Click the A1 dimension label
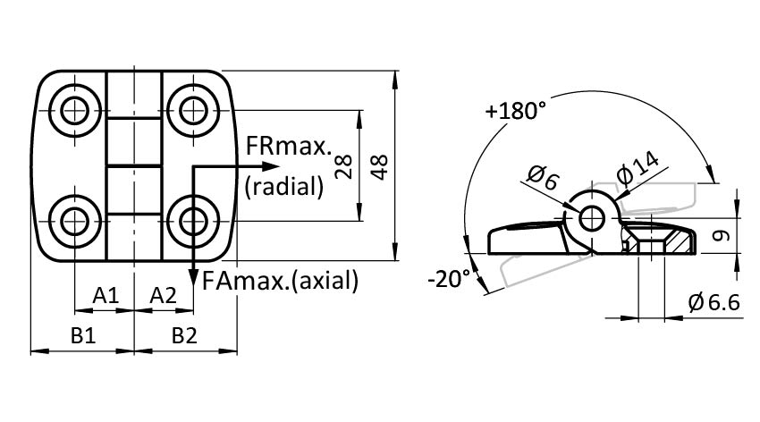pyautogui.click(x=106, y=294)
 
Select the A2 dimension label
pyautogui.click(x=163, y=294)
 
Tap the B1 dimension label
pyautogui.click(x=83, y=335)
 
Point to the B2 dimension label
pyautogui.click(x=184, y=335)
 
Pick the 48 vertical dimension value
pyautogui.click(x=379, y=165)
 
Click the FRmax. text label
pyautogui.click(x=288, y=146)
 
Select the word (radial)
pyautogui.click(x=283, y=186)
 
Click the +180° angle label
pyautogui.click(x=516, y=112)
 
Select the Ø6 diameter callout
pyautogui.click(x=543, y=178)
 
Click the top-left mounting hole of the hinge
pyautogui.click(x=73, y=111)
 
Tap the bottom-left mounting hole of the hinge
pyautogui.click(x=73, y=219)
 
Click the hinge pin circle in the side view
pyautogui.click(x=590, y=217)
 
